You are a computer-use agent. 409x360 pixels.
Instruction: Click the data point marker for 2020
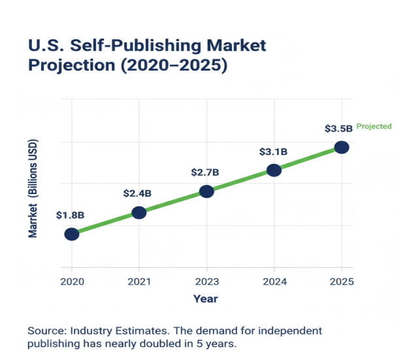point(72,234)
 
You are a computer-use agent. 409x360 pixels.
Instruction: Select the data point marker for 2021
point(139,212)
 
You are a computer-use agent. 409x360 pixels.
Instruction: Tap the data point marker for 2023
point(206,191)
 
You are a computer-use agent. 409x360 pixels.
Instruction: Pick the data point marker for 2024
point(274,171)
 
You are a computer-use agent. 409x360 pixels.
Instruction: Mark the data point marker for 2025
point(342,147)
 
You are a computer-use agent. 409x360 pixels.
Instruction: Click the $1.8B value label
point(70,214)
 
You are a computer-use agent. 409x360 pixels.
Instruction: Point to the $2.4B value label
point(137,193)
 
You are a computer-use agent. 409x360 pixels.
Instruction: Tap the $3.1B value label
point(273,152)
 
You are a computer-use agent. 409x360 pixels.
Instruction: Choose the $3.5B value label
point(338,129)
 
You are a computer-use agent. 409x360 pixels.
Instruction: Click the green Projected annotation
point(374,126)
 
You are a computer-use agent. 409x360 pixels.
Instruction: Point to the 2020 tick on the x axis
point(71,282)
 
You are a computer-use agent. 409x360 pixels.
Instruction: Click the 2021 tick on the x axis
point(139,282)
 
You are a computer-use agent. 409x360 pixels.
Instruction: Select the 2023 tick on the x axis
point(206,282)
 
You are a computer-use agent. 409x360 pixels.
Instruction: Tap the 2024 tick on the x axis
point(274,282)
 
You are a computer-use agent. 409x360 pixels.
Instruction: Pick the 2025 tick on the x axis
point(342,282)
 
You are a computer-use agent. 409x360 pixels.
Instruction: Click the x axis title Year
point(205,299)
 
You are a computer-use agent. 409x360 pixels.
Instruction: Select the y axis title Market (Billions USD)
point(33,188)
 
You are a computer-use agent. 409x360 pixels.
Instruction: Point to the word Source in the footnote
point(44,331)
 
